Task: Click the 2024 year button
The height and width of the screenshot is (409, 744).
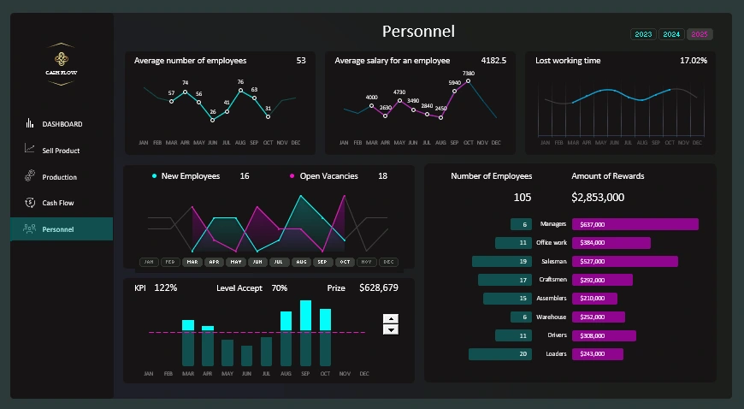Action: (671, 34)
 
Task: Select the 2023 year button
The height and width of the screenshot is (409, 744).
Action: (643, 34)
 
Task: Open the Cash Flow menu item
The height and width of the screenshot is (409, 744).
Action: (57, 203)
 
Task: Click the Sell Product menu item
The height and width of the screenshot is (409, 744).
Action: (61, 151)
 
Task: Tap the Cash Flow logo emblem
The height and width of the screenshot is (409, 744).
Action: (61, 59)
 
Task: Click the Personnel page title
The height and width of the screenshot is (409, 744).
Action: (418, 32)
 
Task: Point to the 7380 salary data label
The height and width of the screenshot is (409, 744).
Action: (468, 74)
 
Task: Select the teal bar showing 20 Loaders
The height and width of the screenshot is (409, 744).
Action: (500, 354)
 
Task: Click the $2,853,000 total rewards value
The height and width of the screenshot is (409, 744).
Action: (598, 198)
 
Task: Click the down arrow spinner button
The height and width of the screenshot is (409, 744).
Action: (391, 329)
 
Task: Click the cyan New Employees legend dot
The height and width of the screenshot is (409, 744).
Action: (154, 176)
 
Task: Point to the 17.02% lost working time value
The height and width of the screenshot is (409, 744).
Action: (693, 61)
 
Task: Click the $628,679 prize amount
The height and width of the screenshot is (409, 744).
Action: (378, 288)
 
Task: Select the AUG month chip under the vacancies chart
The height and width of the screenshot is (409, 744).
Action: (301, 262)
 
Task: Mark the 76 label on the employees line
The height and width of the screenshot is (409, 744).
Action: (240, 82)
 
